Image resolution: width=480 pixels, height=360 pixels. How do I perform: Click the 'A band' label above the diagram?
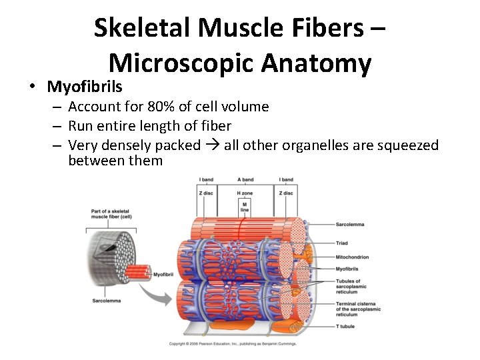pos(245,180)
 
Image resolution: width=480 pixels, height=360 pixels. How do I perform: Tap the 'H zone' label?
pos(245,193)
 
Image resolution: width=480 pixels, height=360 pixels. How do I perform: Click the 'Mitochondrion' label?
pos(353,257)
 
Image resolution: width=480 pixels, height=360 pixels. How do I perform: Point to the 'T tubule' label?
pos(345,326)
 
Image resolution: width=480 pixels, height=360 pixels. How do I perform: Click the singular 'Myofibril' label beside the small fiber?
pos(163,275)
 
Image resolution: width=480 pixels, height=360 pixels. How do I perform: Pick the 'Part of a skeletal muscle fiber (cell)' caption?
pos(111,214)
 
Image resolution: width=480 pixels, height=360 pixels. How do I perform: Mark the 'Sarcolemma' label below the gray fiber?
pos(106,301)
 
